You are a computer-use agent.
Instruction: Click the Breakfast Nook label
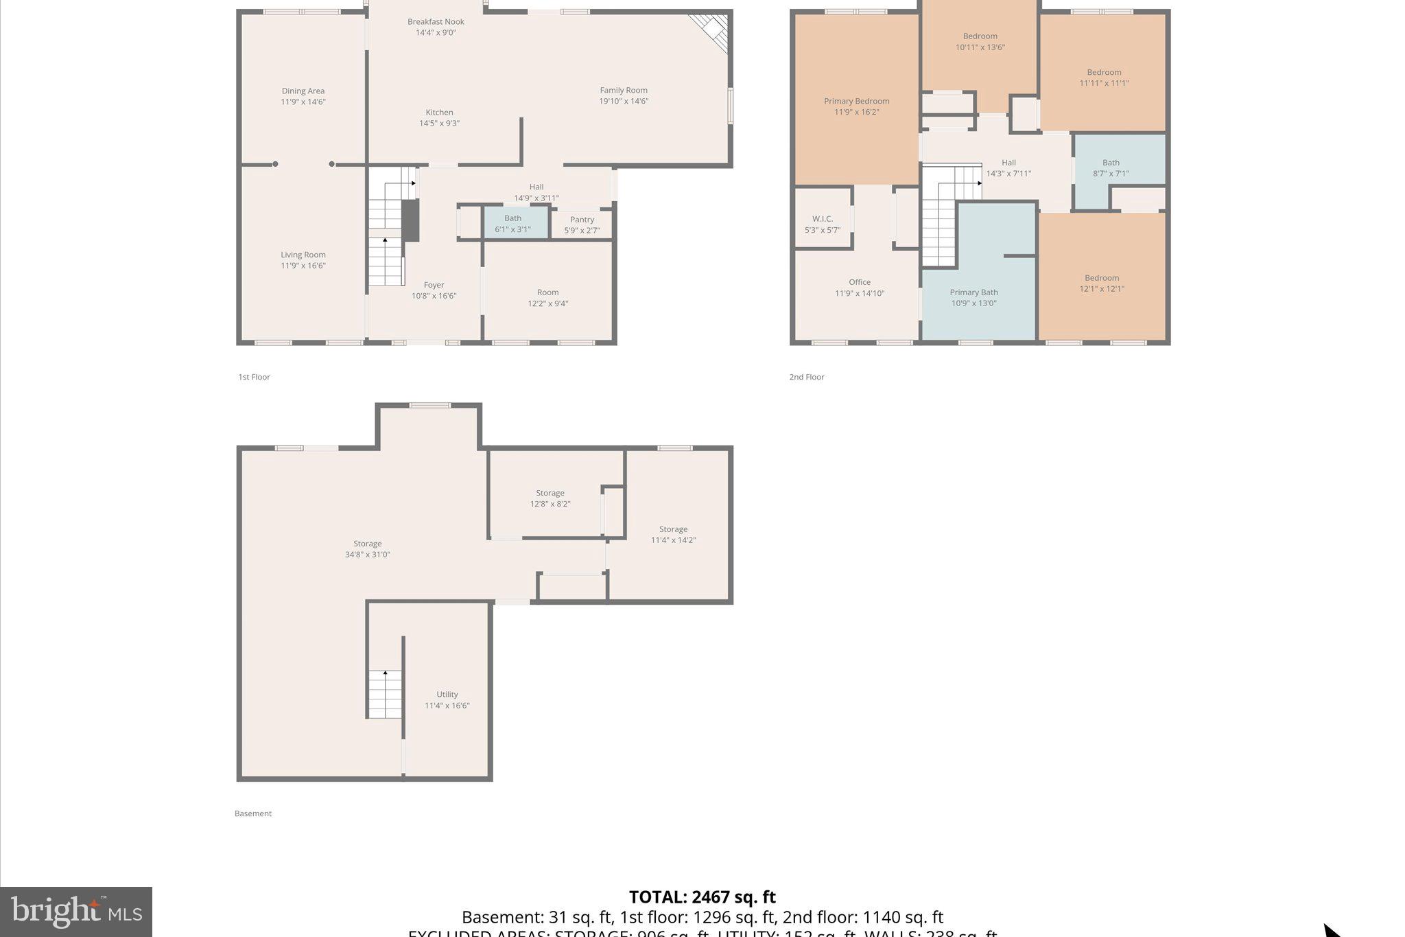436,22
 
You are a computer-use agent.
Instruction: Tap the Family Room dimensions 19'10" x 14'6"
623,102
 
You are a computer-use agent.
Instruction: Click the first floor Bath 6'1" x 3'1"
512,224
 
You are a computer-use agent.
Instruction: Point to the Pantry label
582,220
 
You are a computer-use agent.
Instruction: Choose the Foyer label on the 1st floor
434,285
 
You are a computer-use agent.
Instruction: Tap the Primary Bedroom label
856,102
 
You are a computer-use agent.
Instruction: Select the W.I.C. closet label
822,219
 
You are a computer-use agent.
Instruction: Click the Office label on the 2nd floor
859,282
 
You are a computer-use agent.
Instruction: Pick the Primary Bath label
973,292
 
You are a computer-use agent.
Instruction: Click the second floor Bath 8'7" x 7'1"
1110,168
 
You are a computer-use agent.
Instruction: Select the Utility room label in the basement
447,695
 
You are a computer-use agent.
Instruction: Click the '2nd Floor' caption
806,377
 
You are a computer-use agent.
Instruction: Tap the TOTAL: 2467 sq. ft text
702,897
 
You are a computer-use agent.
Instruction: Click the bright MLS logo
76,912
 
